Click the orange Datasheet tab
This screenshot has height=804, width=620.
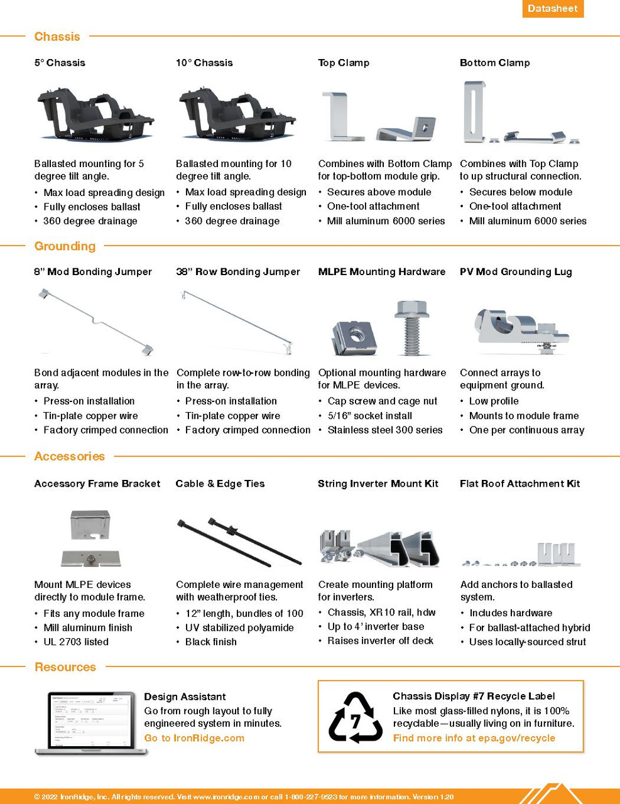click(x=552, y=9)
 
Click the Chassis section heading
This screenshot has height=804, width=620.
click(x=57, y=36)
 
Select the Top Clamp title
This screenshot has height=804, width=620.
click(x=344, y=63)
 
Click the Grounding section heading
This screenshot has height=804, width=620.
click(x=65, y=246)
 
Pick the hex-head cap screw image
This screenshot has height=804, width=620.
click(x=412, y=327)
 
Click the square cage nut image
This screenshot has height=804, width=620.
click(x=354, y=337)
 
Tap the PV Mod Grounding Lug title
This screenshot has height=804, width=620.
click(x=516, y=272)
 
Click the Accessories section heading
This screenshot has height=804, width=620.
click(x=69, y=457)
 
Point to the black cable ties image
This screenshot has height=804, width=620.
click(x=239, y=541)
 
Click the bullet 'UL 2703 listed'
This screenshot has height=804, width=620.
click(x=76, y=642)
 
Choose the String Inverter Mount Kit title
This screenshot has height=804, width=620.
click(x=378, y=484)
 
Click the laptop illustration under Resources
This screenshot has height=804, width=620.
click(x=90, y=722)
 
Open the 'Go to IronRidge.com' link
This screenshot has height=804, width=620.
click(x=194, y=738)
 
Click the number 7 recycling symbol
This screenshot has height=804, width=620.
click(x=356, y=717)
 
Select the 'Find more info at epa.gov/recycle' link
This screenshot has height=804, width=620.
click(x=474, y=738)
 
